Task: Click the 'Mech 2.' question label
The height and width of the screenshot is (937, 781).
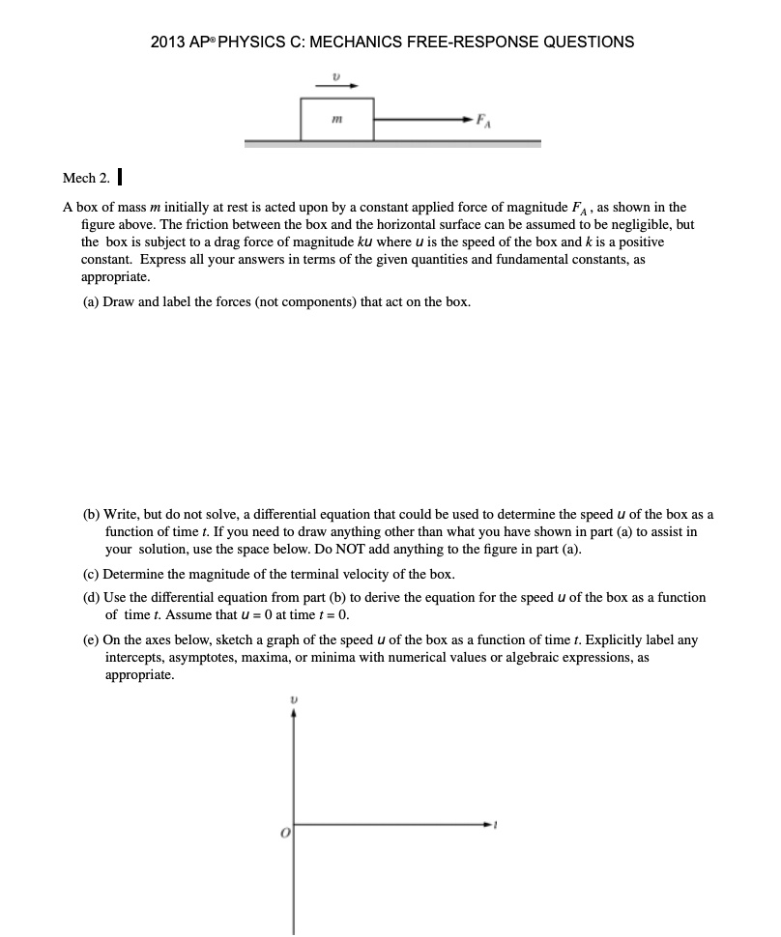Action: [x=85, y=178]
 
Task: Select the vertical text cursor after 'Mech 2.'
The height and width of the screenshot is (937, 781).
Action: [x=118, y=178]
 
